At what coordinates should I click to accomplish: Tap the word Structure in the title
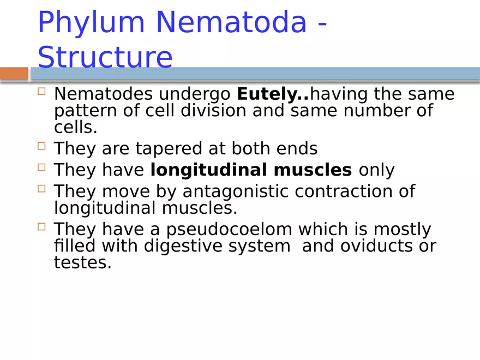(x=105, y=57)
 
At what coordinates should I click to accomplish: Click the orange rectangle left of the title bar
(x=14, y=74)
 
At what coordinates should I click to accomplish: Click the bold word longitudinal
(x=209, y=170)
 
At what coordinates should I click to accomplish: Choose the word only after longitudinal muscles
(x=376, y=170)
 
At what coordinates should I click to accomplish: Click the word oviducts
(x=379, y=246)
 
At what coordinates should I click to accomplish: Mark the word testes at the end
(x=82, y=263)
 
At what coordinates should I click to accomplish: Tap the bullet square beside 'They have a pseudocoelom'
(x=41, y=226)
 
